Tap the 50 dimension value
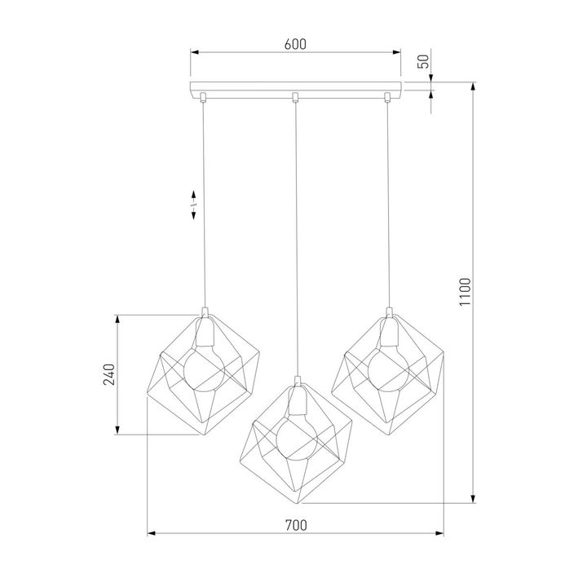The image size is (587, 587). (423, 62)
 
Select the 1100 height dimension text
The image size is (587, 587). (464, 291)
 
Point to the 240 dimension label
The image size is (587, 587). (108, 374)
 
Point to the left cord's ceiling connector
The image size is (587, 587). (203, 99)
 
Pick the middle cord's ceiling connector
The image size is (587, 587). (295, 99)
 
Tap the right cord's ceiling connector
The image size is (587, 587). (387, 99)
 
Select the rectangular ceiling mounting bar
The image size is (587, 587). (295, 87)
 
